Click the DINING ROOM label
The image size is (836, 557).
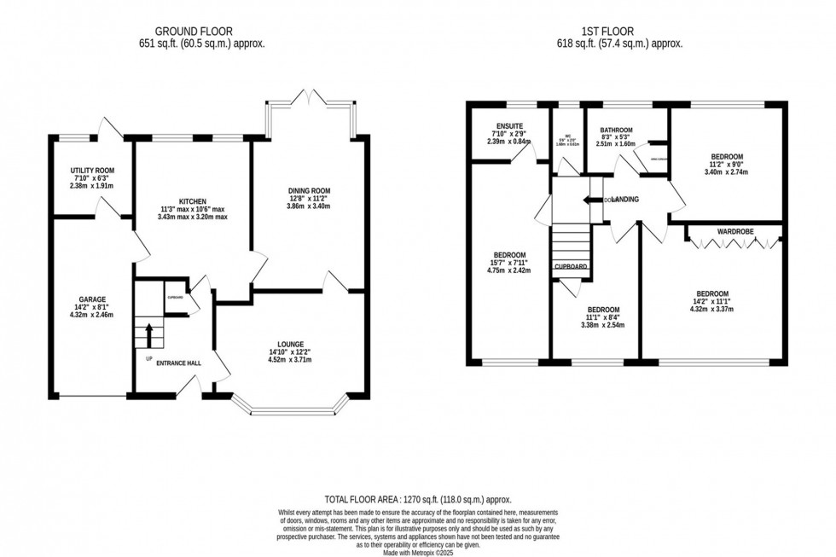308,190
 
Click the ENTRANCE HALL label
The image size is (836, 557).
179,363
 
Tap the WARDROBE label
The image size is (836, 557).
734,231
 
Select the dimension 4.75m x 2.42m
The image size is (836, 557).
509,271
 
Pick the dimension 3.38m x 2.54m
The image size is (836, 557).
602,325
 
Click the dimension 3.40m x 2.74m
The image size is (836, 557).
728,171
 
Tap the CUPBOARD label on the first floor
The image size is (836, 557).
571,267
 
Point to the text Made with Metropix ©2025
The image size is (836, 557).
418,551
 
